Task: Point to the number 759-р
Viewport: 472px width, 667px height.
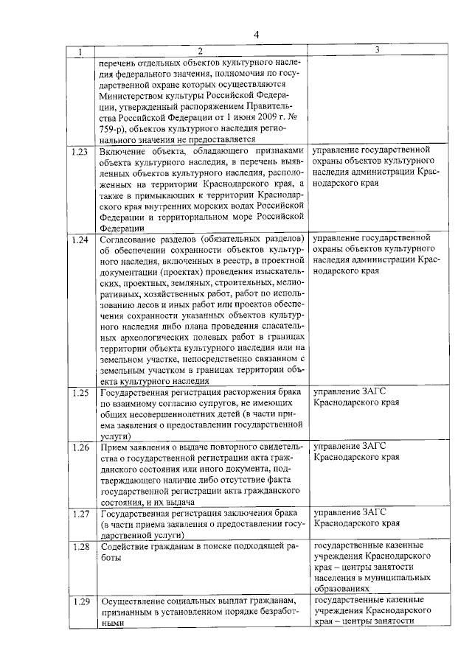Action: [x=114, y=128]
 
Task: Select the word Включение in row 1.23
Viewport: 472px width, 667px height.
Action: [x=125, y=152]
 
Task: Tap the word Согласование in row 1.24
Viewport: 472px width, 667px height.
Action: [x=133, y=240]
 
